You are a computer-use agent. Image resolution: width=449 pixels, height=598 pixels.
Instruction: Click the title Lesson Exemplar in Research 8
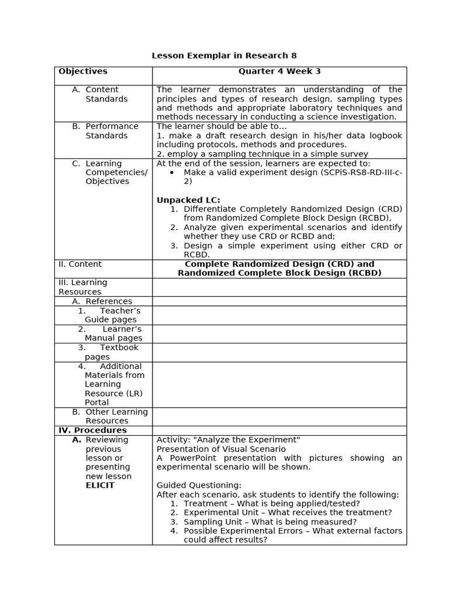pyautogui.click(x=224, y=56)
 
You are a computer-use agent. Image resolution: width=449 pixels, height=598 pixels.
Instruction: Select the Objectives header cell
pyautogui.click(x=83, y=71)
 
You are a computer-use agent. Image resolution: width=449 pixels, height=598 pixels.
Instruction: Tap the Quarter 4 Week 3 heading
pyautogui.click(x=279, y=71)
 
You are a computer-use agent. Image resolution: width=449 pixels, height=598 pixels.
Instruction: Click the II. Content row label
pyautogui.click(x=80, y=264)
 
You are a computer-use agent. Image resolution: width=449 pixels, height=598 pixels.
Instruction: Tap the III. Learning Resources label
pyautogui.click(x=82, y=287)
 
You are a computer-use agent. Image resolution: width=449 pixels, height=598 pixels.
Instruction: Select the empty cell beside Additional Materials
pyautogui.click(x=279, y=384)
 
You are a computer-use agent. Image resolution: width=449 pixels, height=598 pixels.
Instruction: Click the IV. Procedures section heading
pyautogui.click(x=92, y=430)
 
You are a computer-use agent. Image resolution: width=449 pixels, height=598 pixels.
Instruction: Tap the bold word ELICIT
pyautogui.click(x=100, y=485)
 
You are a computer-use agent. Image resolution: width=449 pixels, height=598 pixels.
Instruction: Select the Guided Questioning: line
pyautogui.click(x=199, y=485)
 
